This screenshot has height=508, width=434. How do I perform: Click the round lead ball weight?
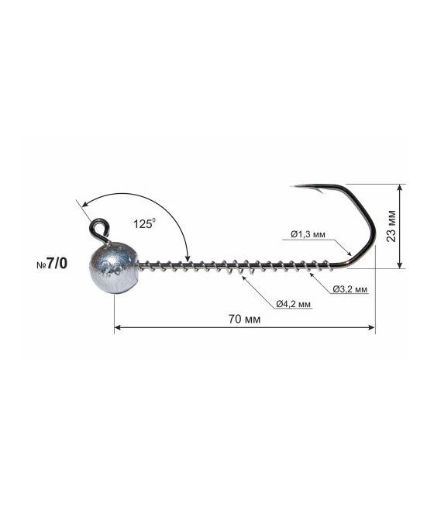pyautogui.click(x=114, y=268)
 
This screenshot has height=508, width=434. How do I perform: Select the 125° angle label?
pyautogui.click(x=144, y=223)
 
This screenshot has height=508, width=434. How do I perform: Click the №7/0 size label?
pyautogui.click(x=52, y=264)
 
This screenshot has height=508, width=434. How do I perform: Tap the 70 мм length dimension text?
pyautogui.click(x=244, y=319)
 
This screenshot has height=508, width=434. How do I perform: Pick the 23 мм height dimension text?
pyautogui.click(x=391, y=226)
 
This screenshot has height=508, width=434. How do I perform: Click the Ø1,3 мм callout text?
pyautogui.click(x=308, y=234)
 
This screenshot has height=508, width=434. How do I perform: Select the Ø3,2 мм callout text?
pyautogui.click(x=350, y=289)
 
